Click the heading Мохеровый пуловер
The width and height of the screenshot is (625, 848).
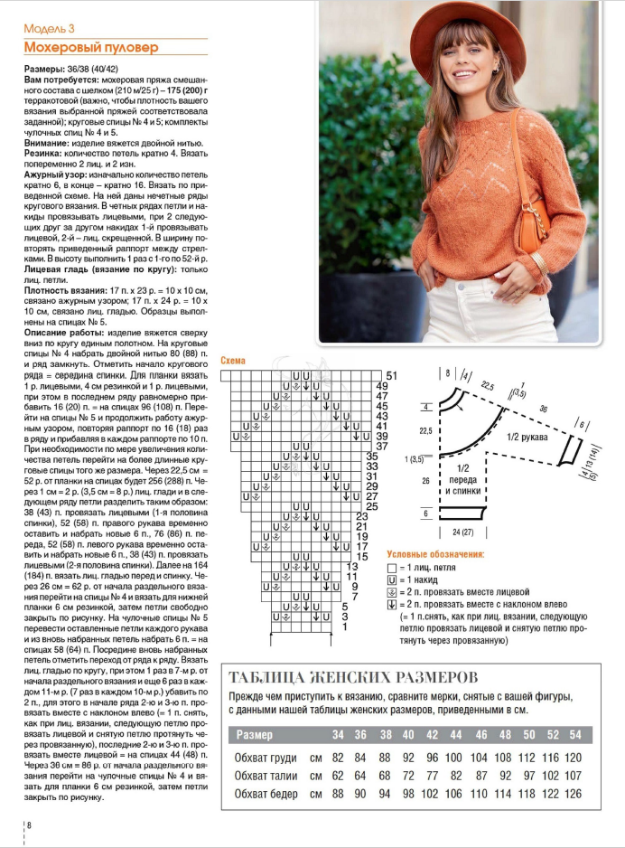click(90, 46)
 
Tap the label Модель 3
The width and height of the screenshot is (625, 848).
click(49, 29)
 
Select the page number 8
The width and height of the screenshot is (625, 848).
click(29, 824)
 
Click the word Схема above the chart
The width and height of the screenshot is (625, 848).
click(233, 360)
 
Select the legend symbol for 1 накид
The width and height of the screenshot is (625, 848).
click(392, 579)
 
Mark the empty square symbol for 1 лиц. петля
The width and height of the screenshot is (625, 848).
click(392, 567)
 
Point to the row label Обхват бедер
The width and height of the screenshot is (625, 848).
click(266, 795)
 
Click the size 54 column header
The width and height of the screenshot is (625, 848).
click(574, 734)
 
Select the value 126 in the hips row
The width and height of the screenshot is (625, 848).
click(574, 795)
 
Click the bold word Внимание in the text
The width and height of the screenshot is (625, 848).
click(47, 142)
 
